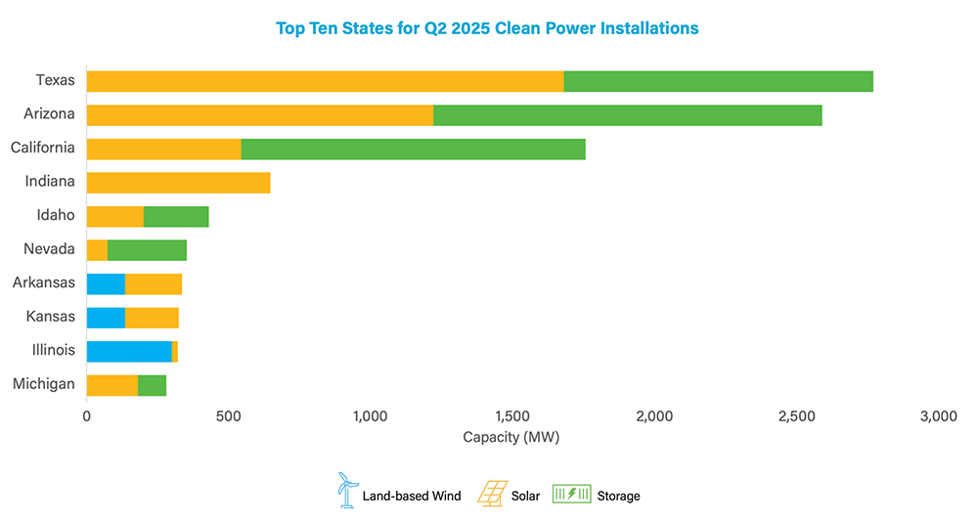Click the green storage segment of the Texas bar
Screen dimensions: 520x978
pos(718,81)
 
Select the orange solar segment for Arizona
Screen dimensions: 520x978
pos(259,114)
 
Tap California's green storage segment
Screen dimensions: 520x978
pos(413,149)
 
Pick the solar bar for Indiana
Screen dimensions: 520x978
pos(178,183)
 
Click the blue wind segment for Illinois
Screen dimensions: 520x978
pos(129,352)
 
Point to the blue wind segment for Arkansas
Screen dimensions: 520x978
pos(106,284)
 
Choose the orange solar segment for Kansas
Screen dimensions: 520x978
pos(152,318)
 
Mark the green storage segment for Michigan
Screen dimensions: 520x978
pos(153,385)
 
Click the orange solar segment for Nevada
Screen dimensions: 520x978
pos(97,250)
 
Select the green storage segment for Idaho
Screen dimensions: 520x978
pos(176,217)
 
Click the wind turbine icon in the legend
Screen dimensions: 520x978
pos(344,490)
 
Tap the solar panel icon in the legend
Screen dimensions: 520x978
pos(492,491)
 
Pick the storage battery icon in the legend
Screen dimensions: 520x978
pos(572,495)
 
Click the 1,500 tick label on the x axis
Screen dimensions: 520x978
pos(511,416)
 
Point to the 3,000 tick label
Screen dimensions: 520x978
pos(938,416)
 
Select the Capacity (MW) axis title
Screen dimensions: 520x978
pos(511,436)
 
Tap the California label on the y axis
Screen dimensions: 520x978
pos(42,148)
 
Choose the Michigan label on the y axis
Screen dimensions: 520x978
pos(44,384)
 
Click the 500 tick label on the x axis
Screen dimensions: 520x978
pos(228,416)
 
